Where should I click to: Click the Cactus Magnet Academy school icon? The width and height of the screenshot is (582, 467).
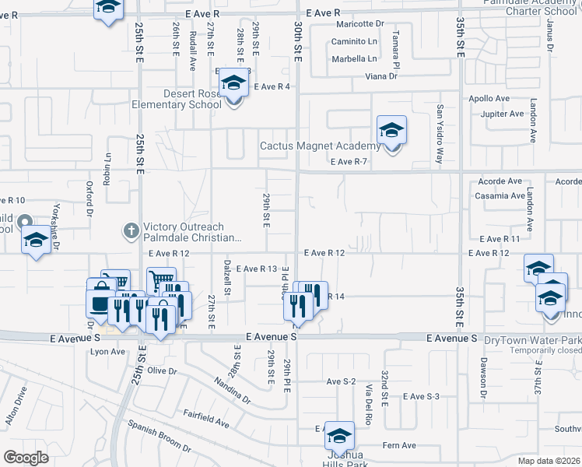392,130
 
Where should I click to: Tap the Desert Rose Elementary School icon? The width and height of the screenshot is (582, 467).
232,83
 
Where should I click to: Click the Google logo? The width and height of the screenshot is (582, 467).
26,457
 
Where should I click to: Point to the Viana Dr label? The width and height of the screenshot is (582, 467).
382,76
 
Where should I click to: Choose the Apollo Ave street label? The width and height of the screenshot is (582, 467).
489,99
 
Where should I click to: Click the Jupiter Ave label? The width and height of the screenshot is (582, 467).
503,114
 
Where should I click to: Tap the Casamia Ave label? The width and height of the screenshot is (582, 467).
498,195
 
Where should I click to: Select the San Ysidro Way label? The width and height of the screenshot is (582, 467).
440,134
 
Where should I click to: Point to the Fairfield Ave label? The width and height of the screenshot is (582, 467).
205,420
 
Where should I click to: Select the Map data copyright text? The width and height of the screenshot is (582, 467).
549,461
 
